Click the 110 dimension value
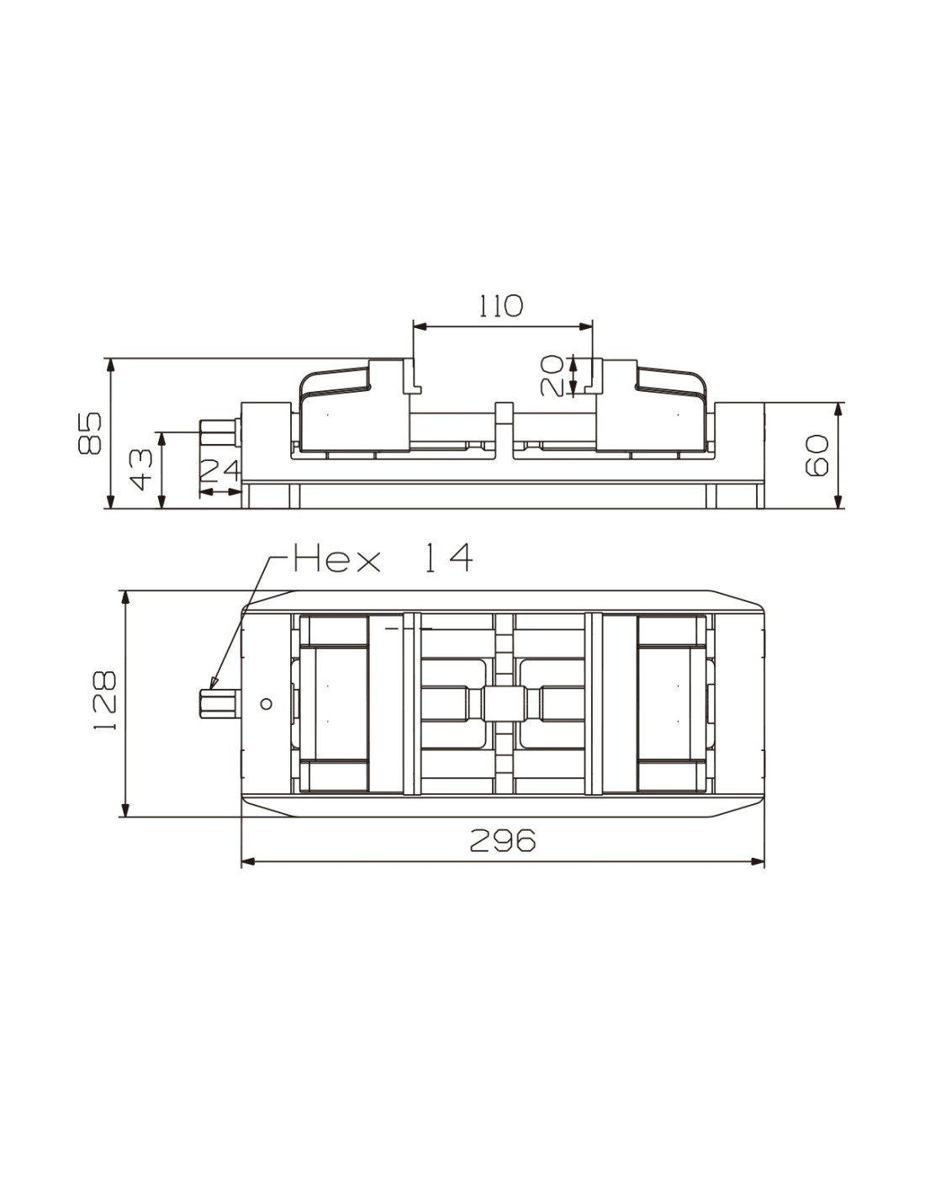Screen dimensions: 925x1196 500,306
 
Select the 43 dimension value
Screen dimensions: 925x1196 140,469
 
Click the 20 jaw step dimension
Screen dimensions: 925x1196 552,375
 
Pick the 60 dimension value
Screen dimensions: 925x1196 817,455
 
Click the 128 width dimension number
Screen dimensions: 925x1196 104,700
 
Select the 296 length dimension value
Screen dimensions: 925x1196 502,840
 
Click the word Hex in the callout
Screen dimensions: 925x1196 336,558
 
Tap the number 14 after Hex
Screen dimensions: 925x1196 448,558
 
